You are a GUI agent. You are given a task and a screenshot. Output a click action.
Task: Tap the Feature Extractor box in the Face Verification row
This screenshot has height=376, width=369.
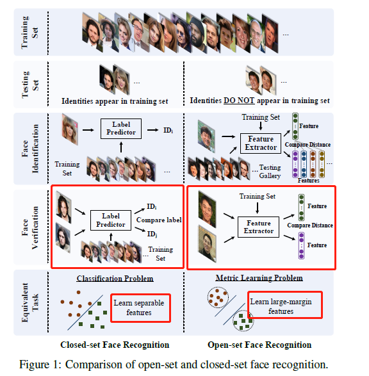[258, 227]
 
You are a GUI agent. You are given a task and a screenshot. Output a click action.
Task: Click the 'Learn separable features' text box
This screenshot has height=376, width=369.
[140, 307]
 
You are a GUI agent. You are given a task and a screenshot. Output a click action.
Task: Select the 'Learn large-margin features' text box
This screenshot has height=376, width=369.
[284, 306]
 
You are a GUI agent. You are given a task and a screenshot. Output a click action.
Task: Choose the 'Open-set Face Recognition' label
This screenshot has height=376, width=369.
[259, 345]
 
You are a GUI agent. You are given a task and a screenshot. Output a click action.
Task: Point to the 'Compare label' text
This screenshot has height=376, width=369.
[158, 220]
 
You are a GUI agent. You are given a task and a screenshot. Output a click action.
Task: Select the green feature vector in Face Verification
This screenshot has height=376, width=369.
[300, 207]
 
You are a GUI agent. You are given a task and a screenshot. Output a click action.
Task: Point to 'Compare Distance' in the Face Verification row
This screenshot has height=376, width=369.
[309, 225]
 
